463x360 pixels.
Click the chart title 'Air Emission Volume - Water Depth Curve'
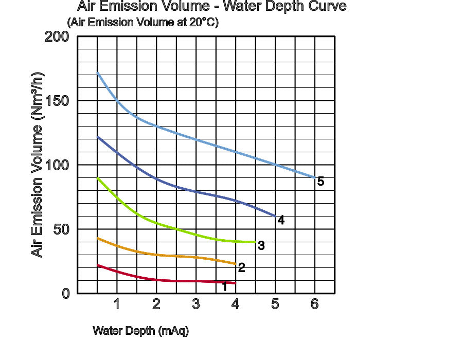coord(211,7)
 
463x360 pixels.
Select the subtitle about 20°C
coord(143,23)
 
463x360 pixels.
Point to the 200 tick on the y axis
coord(57,37)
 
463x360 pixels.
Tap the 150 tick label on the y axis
coord(57,101)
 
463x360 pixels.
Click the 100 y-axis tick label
coord(57,165)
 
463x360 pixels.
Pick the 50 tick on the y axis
coord(61,229)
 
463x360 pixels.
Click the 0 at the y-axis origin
coord(65,294)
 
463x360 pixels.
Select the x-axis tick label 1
coord(117,304)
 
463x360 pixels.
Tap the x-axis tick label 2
coord(156,304)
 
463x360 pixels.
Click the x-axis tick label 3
coord(196,304)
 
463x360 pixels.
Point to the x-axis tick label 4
coord(236,304)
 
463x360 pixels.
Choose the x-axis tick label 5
coord(275,304)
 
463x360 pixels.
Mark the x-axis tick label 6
coord(315,304)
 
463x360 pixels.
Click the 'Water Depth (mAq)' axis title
coord(140,331)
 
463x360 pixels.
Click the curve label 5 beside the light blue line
coord(320,182)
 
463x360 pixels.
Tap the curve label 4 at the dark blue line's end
coord(281,220)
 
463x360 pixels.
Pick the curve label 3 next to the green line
coord(261,246)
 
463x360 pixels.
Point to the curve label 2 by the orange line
coord(241,268)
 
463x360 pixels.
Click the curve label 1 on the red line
coord(224,286)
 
